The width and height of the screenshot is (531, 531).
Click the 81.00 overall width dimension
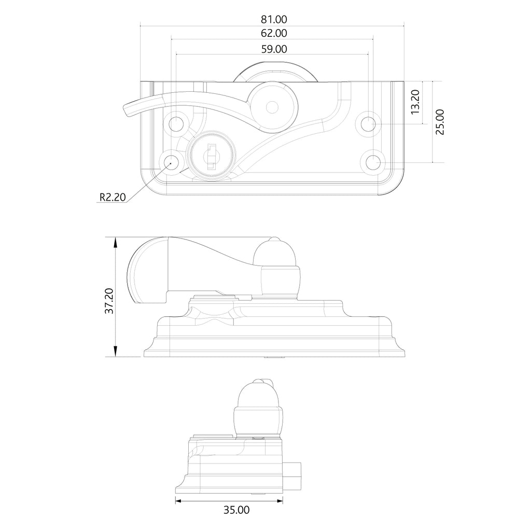(x=274, y=20)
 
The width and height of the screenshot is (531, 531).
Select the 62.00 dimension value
(x=274, y=33)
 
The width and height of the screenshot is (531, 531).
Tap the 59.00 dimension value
(x=274, y=49)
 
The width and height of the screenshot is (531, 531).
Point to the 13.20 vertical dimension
(x=415, y=102)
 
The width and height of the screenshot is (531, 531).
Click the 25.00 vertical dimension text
(x=440, y=122)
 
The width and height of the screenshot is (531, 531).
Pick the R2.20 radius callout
(x=113, y=197)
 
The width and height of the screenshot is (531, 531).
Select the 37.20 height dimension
(x=109, y=301)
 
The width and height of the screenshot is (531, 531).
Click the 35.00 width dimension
(x=236, y=510)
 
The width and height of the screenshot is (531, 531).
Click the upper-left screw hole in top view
(x=176, y=124)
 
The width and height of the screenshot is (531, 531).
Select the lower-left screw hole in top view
(x=171, y=162)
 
